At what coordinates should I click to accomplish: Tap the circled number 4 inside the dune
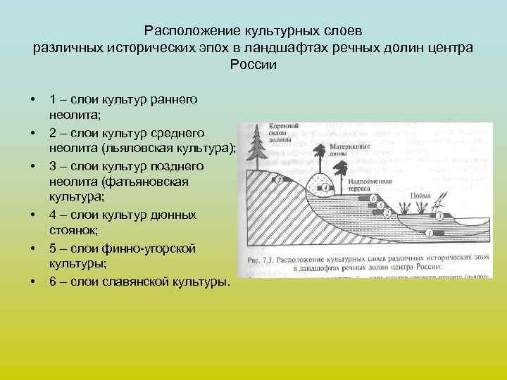(326, 188)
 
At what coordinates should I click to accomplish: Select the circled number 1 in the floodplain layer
(430, 232)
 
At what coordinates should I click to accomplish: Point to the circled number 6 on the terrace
(373, 198)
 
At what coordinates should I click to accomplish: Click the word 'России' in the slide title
(254, 65)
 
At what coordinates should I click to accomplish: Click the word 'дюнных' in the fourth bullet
(178, 214)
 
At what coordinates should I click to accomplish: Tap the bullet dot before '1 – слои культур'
(32, 99)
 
